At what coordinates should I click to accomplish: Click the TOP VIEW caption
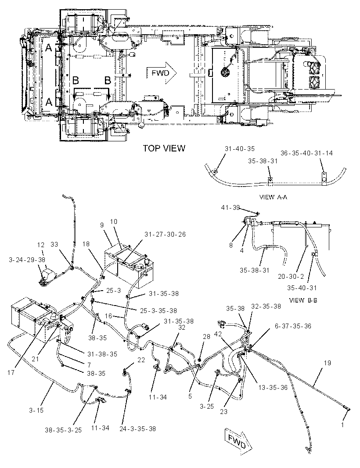pos(164,148)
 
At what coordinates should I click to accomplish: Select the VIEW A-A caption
pos(273,197)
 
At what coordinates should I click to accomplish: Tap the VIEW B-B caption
pos(303,300)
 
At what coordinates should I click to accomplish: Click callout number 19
pos(328,363)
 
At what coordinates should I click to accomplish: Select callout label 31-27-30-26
pos(165,234)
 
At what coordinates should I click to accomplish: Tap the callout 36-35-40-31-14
pos(306,153)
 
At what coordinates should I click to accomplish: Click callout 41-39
pos(230,207)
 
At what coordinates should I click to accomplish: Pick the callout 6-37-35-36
pos(293,326)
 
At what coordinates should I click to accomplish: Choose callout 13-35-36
pos(273,387)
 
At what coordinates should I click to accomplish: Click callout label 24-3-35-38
pos(137,429)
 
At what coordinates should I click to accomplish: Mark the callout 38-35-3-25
pos(63,430)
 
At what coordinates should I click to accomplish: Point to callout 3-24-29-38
pos(27,259)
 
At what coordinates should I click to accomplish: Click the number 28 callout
pos(207,337)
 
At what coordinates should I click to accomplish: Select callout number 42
pos(218,334)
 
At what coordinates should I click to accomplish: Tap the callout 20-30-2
pos(291,277)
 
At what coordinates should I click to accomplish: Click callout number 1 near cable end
pos(342,425)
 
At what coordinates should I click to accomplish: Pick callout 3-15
pos(36,410)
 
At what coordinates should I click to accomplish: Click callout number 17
pos(11,372)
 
